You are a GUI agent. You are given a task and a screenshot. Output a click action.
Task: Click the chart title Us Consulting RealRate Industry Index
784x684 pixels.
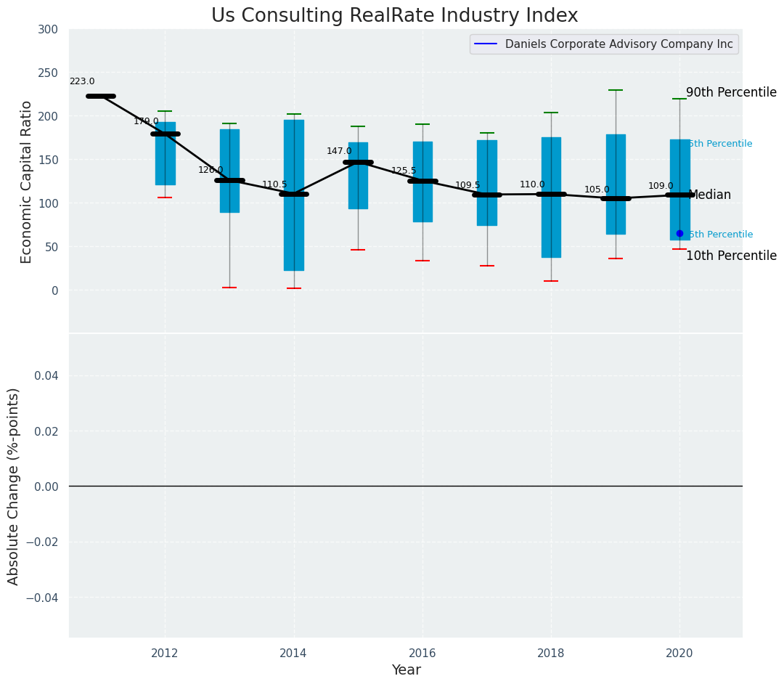pos(394,16)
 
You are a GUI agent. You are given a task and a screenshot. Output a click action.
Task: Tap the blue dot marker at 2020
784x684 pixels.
pos(679,233)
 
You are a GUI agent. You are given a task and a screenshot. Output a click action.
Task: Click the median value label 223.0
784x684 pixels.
pos(82,82)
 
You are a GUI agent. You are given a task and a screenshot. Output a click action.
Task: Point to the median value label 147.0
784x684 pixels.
pos(339,152)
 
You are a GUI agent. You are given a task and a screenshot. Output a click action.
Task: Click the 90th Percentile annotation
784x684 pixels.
pos(731,93)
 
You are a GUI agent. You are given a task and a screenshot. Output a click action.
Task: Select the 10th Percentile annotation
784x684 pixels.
pos(731,256)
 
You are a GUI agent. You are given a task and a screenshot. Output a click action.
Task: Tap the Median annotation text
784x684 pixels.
pos(709,195)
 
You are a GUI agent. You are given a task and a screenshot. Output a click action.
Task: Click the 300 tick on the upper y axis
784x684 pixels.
pos(48,30)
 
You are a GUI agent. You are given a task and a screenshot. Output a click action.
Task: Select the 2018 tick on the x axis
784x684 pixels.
pos(551,654)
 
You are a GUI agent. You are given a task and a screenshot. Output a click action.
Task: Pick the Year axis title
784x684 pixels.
pos(406,670)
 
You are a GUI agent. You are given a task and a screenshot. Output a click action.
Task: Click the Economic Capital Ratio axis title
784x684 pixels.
pos(27,182)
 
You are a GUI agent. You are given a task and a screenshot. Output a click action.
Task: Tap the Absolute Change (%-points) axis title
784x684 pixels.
pos(14,486)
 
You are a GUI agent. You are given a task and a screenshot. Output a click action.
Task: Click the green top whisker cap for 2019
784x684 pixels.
pos(616,90)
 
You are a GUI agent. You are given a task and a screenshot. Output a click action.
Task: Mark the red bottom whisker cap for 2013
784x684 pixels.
pos(229,288)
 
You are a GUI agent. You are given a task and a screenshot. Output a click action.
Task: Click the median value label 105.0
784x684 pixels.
pos(597,190)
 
